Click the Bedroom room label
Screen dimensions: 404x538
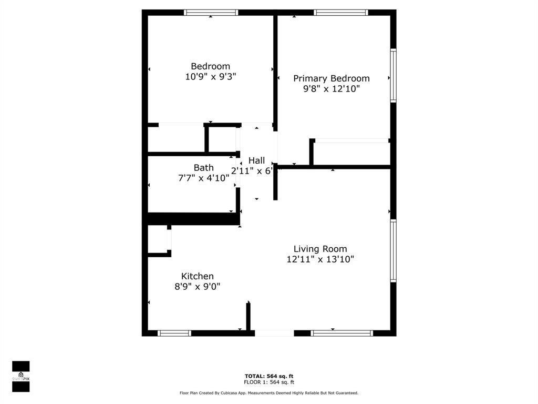click(x=210, y=66)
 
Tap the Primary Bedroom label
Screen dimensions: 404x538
click(x=331, y=78)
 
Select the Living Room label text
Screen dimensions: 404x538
click(x=320, y=249)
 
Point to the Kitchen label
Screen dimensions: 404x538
click(x=197, y=276)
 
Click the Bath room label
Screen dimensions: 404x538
click(x=203, y=168)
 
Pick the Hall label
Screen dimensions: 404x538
click(x=256, y=160)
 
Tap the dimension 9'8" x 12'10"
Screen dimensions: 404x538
click(x=331, y=89)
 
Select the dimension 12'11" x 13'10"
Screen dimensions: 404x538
click(x=320, y=259)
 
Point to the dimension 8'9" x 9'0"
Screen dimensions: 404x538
click(x=197, y=287)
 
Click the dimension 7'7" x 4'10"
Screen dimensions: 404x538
click(x=203, y=178)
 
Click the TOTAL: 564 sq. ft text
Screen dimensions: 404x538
click(x=269, y=376)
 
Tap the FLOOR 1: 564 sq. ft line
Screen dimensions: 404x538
click(x=269, y=382)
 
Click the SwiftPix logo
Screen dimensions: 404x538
click(x=20, y=376)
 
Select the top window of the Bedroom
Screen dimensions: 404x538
click(x=211, y=12)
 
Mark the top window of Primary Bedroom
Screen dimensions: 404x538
click(x=340, y=12)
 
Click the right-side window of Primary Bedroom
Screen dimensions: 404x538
click(x=393, y=75)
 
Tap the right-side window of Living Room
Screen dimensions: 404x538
click(x=393, y=251)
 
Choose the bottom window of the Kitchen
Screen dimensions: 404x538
click(x=174, y=333)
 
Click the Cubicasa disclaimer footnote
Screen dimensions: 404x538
click(x=269, y=393)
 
